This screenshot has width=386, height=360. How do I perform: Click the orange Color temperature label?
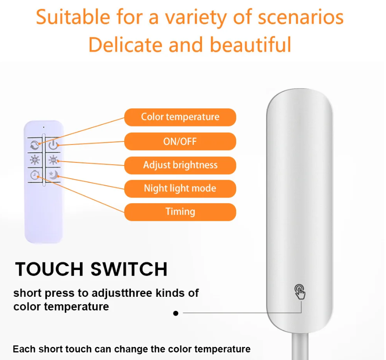[180, 117]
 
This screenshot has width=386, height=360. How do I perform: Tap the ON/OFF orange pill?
[180, 141]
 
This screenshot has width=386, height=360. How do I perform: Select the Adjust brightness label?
[180, 165]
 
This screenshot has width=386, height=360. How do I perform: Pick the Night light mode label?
[180, 188]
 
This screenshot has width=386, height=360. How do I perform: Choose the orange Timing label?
[180, 212]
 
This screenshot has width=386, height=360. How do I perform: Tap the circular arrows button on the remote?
[35, 145]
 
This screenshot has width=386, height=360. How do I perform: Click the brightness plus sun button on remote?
[35, 160]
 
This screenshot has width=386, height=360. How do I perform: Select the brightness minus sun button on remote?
[53, 160]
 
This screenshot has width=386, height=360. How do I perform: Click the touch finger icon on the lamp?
[299, 292]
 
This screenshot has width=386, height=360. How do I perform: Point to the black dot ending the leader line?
[176, 313]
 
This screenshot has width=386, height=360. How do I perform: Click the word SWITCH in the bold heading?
[129, 269]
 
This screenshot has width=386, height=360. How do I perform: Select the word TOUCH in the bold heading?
[49, 269]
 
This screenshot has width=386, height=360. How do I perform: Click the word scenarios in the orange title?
[300, 17]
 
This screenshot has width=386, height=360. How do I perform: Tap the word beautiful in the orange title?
[251, 45]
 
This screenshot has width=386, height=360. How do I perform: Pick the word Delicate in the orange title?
[125, 45]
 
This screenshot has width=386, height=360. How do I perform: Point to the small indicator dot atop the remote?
[43, 127]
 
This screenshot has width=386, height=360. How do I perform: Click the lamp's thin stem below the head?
[300, 346]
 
